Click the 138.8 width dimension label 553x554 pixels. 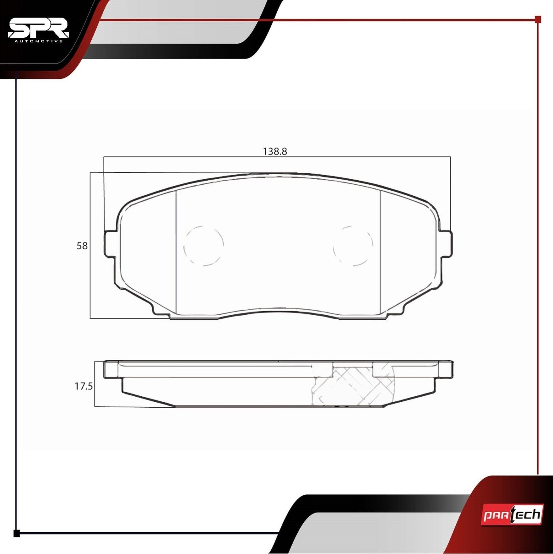pyautogui.click(x=275, y=151)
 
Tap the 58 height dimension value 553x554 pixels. pyautogui.click(x=82, y=246)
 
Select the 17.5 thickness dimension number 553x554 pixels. pyautogui.click(x=84, y=386)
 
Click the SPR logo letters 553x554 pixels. pyautogui.click(x=38, y=28)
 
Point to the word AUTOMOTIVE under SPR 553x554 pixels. pyautogui.click(x=38, y=41)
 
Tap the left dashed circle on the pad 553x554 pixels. pyautogui.click(x=203, y=246)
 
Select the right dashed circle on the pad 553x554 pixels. pyautogui.click(x=354, y=246)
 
